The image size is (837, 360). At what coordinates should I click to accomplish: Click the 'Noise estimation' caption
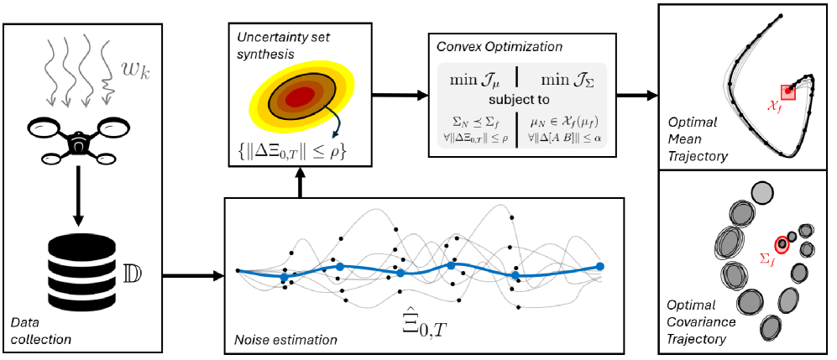tap(285, 340)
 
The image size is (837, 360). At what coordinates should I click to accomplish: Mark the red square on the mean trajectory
tap(788, 91)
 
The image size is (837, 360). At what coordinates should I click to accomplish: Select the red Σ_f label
tap(766, 258)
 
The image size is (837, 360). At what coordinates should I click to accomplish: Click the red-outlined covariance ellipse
tap(782, 244)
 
